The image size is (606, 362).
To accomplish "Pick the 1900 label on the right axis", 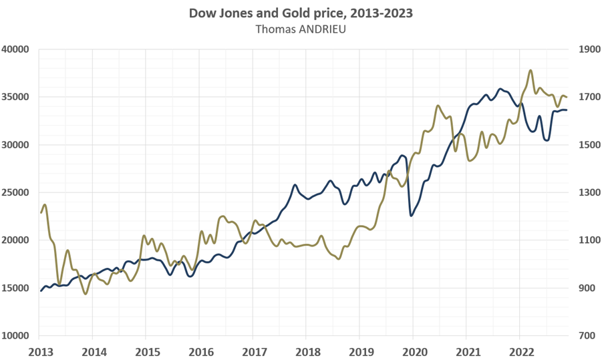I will click(x=582, y=49).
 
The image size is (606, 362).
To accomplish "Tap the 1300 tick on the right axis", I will click(x=582, y=192).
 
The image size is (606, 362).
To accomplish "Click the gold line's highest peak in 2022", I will click(x=531, y=70).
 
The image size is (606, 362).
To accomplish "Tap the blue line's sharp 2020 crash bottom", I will click(x=411, y=215).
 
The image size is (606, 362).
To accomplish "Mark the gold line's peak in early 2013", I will click(x=45, y=205).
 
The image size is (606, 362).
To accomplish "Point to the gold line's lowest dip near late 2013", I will click(x=85, y=293).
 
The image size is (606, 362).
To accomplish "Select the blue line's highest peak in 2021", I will click(x=499, y=88).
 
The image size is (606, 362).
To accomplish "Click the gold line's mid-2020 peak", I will click(x=438, y=106).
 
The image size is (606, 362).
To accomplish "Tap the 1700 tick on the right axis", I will click(x=582, y=97).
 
